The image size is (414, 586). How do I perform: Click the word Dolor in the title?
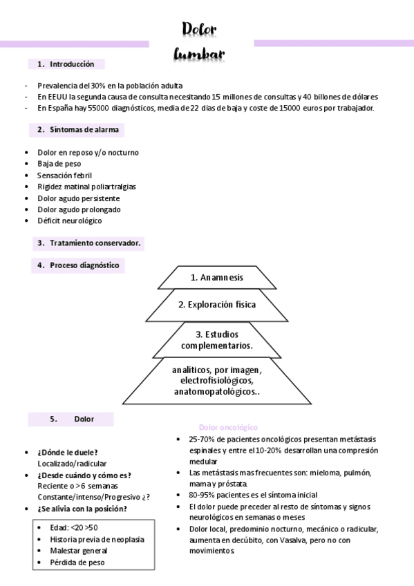coord(200,28)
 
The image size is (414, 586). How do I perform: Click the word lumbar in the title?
coord(200,53)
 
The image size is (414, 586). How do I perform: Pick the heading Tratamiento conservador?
coord(90,243)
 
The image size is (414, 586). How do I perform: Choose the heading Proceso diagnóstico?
coord(78,265)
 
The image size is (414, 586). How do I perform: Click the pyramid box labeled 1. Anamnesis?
coord(216,277)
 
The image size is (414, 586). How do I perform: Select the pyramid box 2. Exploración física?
coord(216,304)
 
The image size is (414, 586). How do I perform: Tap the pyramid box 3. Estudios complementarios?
coord(216,339)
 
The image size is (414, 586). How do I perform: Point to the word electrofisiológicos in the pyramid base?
coord(216,381)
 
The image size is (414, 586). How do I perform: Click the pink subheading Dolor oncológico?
coord(227,428)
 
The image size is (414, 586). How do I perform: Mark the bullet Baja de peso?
coord(59,164)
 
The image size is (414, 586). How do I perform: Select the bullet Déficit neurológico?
coord(69,220)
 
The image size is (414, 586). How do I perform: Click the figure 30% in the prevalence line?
coord(97,86)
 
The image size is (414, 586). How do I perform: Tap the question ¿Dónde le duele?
coord(67,452)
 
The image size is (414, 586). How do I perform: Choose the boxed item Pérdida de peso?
coord(77,562)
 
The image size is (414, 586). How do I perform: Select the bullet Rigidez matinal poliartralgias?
coord(86,187)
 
